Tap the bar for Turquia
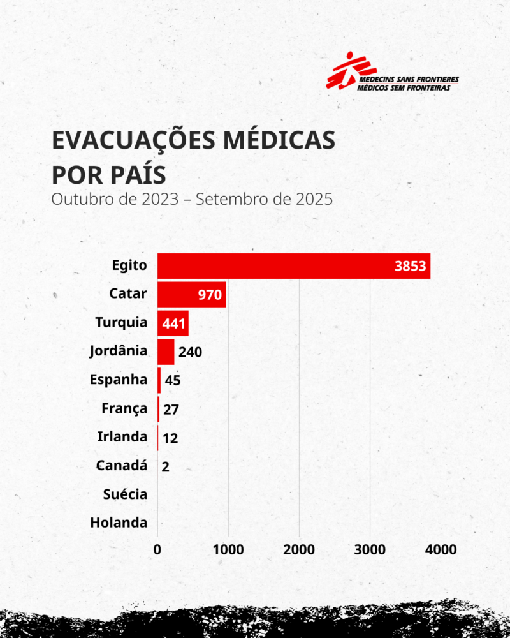coord(173,323)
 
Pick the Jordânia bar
coord(166,352)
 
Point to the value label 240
coord(190,352)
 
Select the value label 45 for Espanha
coord(173,381)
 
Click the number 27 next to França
coord(171,410)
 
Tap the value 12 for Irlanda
coord(170,438)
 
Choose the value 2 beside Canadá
coord(166,467)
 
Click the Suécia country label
coord(125,494)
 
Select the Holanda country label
coord(119,523)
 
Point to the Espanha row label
coord(119,380)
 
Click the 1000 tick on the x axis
coord(228,549)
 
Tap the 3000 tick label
coord(370,549)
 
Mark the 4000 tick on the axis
coord(441,549)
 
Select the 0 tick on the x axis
coord(158,549)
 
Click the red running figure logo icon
coord(344,71)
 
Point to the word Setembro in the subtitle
coord(227,198)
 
